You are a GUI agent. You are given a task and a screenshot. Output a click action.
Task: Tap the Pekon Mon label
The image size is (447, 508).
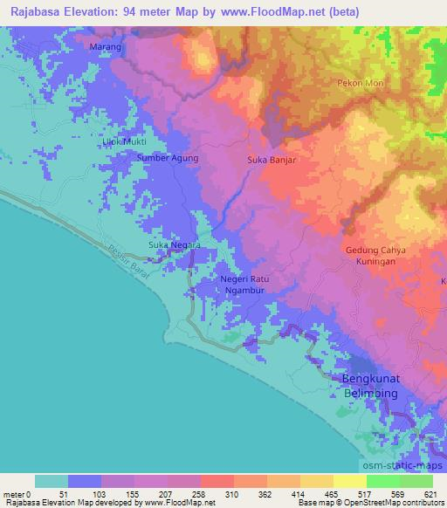[355, 83]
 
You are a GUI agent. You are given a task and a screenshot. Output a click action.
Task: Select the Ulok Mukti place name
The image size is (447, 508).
[123, 141]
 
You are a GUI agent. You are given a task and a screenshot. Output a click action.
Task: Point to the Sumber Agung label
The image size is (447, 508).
[168, 158]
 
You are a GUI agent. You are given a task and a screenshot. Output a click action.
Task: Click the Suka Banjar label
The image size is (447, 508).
[272, 161]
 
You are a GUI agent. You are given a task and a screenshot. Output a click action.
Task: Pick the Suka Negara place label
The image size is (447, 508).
[175, 245]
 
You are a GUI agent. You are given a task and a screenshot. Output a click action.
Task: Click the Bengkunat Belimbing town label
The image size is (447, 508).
[368, 387]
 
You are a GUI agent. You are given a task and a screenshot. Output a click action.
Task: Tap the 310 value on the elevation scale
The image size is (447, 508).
[231, 494]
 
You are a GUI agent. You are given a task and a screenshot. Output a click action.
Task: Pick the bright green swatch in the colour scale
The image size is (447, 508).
[382, 482]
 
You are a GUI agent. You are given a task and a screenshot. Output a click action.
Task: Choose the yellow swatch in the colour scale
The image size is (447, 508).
[315, 482]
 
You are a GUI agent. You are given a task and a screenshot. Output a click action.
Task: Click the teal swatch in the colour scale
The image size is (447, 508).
[52, 482]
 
